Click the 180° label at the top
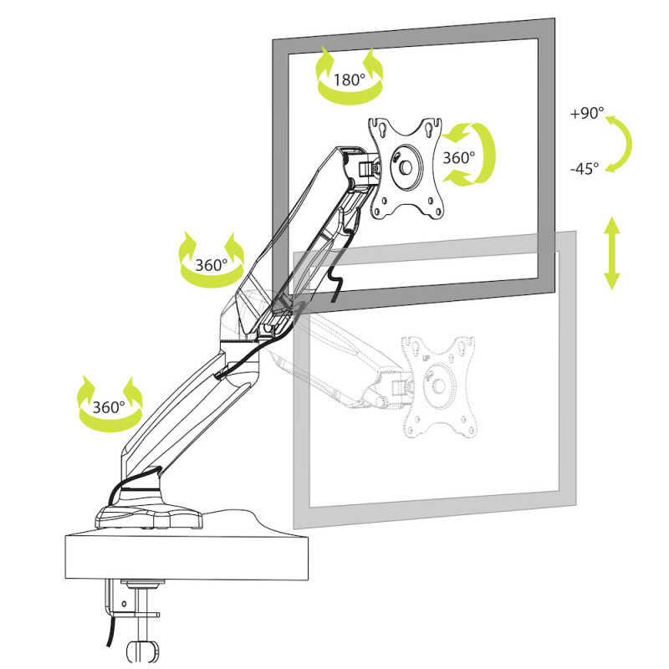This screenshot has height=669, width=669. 349,80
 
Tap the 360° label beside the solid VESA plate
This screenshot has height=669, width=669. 458,156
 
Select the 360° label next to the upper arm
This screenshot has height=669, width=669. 211,264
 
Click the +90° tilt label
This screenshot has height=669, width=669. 587,114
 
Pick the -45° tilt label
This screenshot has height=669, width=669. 585,169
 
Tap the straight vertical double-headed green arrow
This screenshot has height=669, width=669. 612,253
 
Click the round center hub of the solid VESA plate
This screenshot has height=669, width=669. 406,167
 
